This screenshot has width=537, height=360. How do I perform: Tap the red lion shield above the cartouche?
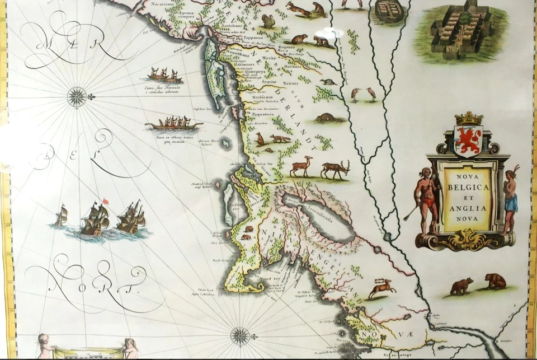[469, 141]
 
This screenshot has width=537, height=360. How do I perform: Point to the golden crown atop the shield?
[469, 118]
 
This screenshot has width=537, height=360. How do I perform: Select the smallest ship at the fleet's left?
[60, 216]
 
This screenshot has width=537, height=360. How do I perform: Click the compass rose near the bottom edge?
[241, 335]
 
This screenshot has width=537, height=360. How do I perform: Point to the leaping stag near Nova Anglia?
[383, 288]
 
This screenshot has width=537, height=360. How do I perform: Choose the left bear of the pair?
[462, 286]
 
